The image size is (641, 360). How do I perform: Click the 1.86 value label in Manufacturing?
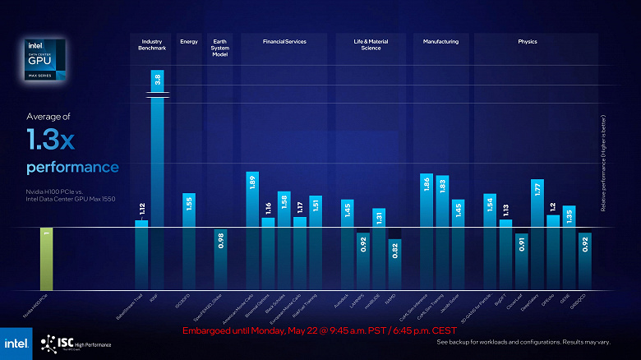click(427, 183)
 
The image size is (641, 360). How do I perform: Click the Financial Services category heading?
click(284, 40)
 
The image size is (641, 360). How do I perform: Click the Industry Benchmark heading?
click(154, 44)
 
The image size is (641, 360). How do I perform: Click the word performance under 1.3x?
click(72, 168)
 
